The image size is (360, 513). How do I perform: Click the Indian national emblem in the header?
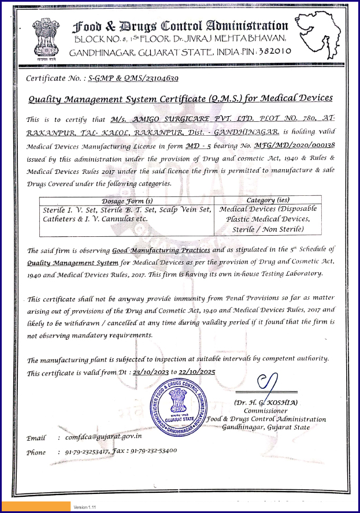[x=45, y=38]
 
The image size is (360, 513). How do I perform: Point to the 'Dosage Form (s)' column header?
[x=124, y=200]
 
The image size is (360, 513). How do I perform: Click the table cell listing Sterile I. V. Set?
[x=124, y=214]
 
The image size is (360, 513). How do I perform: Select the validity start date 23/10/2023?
[x=152, y=373]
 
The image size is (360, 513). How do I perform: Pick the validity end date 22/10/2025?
[x=198, y=373]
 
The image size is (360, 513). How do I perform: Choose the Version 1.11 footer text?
[x=84, y=507]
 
